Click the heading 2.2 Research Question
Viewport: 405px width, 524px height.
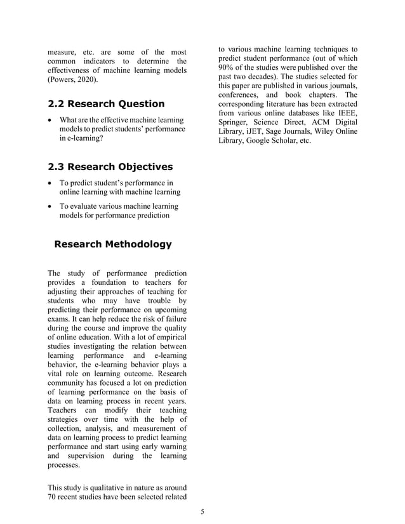(106, 104)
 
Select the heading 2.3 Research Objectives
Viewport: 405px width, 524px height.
(110, 167)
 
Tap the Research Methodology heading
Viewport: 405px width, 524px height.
(113, 244)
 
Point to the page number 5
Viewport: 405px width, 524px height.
(202, 511)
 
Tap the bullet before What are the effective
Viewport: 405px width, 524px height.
(50, 121)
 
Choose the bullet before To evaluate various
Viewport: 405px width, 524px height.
(50, 207)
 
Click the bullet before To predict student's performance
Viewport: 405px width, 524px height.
(50, 183)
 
